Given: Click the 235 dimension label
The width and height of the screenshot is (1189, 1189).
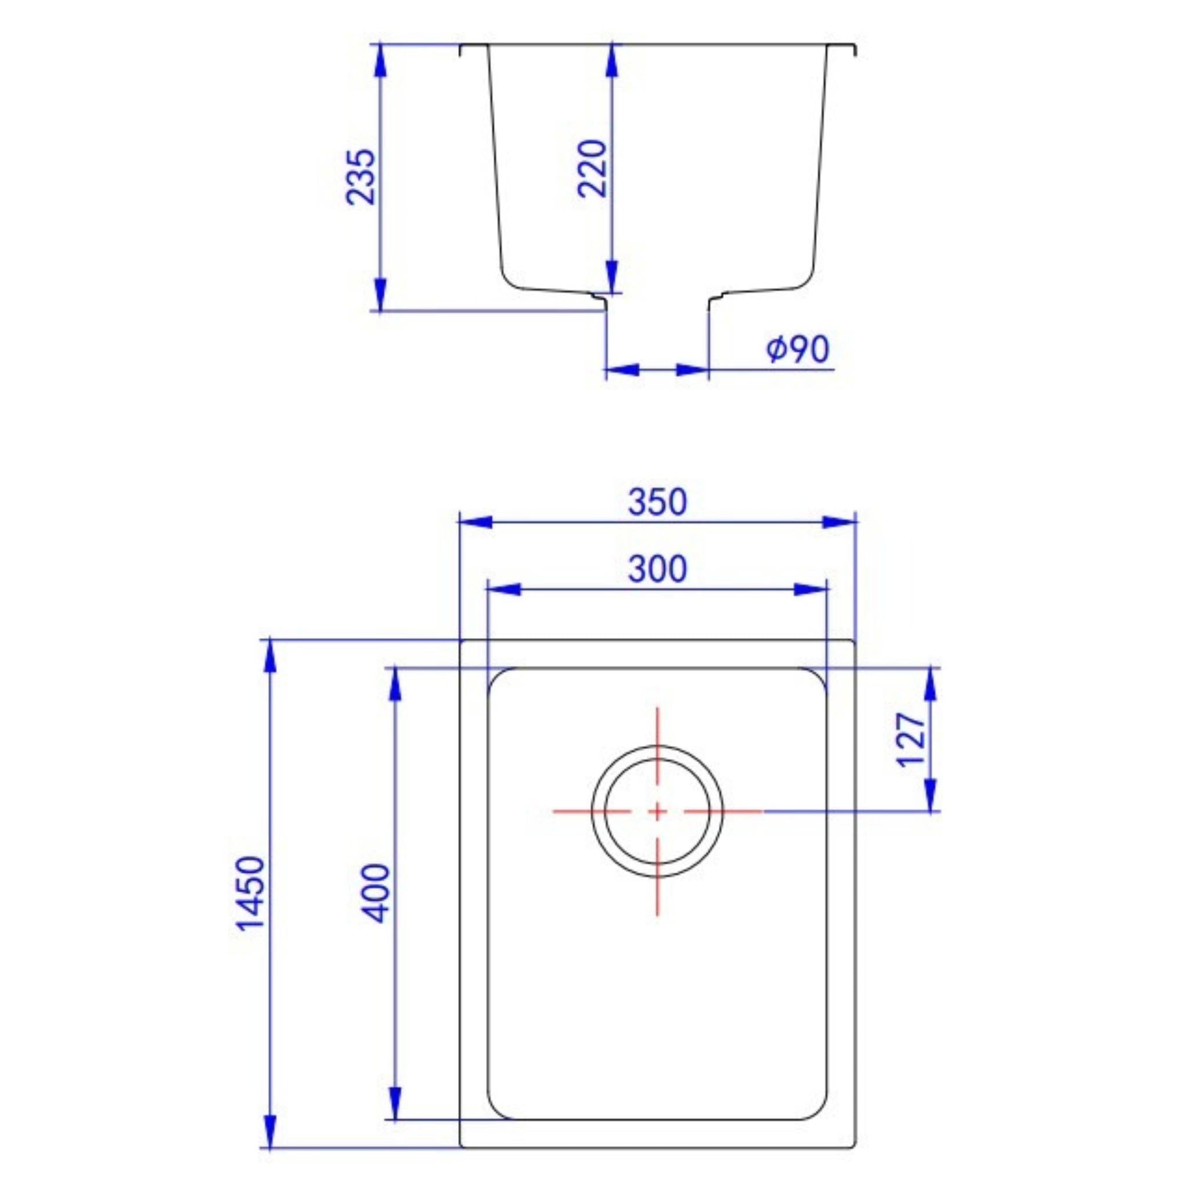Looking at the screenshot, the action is pos(360,177).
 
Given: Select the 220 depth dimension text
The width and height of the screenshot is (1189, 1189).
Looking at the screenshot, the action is pos(593,168).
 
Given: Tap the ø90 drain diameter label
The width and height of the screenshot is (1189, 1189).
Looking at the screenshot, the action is pos(798,350).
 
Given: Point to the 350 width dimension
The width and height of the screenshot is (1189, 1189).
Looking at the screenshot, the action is pos(657,502).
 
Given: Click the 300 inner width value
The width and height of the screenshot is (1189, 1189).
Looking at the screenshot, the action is pos(657,570).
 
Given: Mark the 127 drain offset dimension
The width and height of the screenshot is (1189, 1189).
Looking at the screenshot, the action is pos(911,740).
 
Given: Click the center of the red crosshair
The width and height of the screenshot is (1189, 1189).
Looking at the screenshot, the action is pos(657,812).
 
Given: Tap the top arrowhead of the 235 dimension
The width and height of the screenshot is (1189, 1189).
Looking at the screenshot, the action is pos(381,61).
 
